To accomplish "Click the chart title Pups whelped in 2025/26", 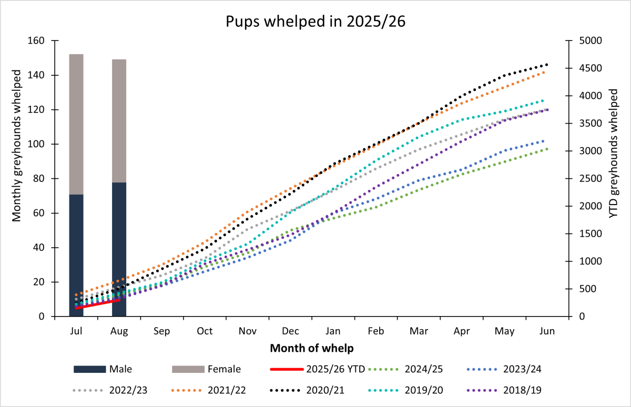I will [315, 22].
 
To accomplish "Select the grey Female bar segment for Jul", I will [76, 124].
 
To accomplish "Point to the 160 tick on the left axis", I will [39, 41].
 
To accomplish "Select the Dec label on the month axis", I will [291, 331].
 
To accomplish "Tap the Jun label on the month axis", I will [547, 331].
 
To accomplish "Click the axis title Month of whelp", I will [311, 348].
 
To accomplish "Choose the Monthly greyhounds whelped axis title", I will [17, 179].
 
